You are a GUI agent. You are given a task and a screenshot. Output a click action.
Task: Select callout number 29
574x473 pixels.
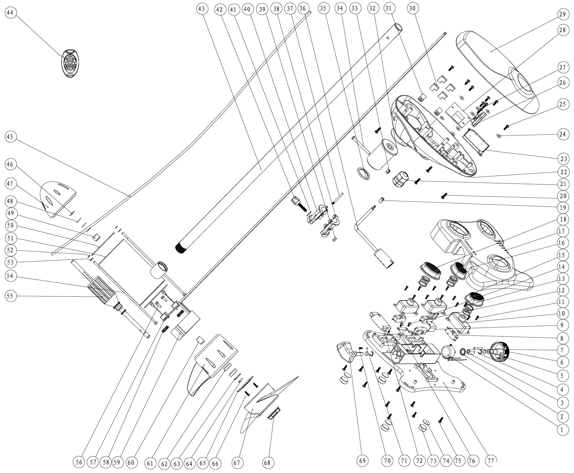[563, 14]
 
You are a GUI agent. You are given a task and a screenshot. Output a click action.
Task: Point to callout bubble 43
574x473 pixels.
[202, 9]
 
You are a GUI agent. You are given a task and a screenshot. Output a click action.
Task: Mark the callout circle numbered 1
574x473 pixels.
[563, 430]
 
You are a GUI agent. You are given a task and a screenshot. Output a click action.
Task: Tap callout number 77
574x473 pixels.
[491, 460]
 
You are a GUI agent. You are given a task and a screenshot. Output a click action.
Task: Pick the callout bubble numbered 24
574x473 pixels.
[563, 134]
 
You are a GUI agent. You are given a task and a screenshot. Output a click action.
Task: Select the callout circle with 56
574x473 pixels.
[79, 462]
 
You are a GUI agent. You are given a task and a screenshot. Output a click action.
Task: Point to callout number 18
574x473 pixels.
[563, 219]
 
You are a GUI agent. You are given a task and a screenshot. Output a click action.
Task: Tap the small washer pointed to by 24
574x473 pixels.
[499, 135]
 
